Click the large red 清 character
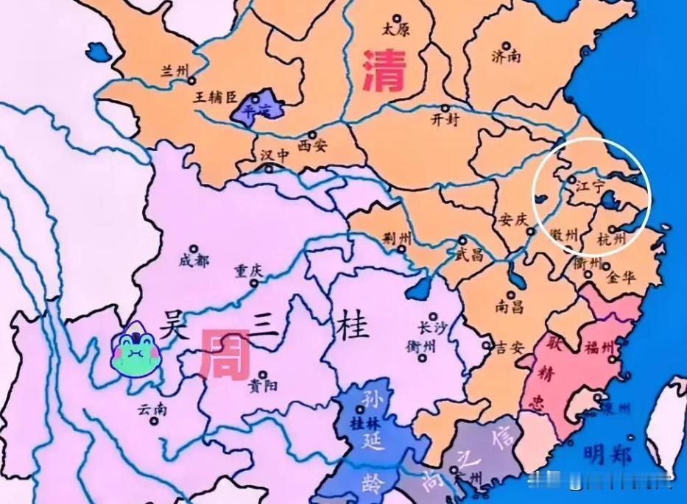coord(385,71)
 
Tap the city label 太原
coord(395,29)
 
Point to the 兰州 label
coord(175,71)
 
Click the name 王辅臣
coord(215,97)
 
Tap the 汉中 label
coord(275,157)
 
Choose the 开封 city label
coord(444,119)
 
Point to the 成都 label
coord(194,260)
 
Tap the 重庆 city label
coord(248,270)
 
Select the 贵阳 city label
coord(262,384)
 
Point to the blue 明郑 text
coord(607,455)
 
